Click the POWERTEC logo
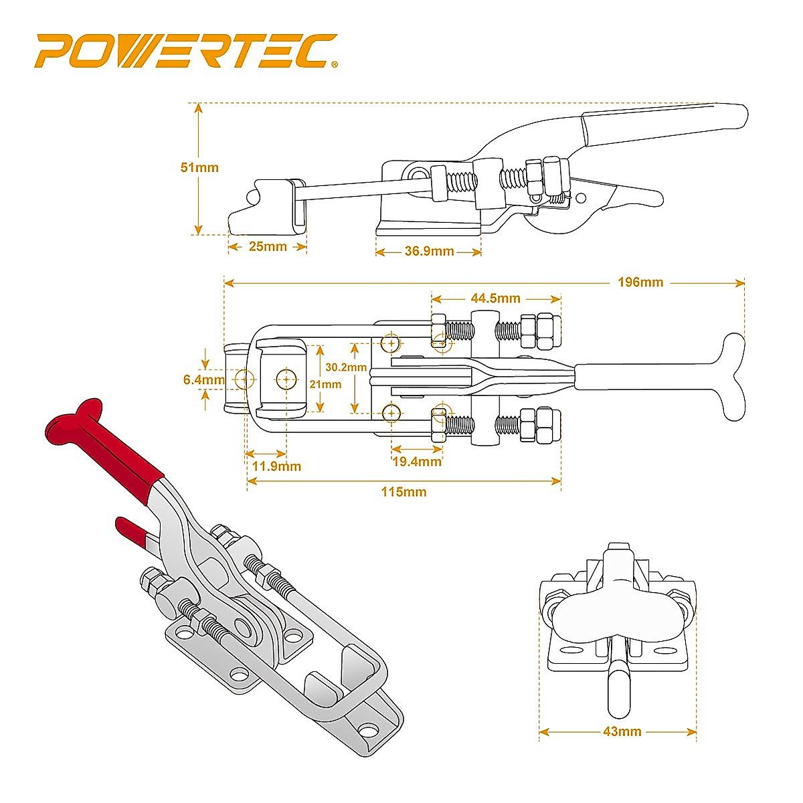[184, 52]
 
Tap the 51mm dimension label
[199, 167]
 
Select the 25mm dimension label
[268, 246]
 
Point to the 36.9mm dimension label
[429, 252]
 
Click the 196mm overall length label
[640, 282]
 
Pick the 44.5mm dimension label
[496, 298]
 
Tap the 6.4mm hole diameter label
[204, 379]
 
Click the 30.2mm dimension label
[346, 367]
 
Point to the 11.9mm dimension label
[276, 466]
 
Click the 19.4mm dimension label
[417, 461]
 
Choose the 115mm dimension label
[404, 492]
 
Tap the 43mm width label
[622, 731]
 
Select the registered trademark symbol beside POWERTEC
[334, 65]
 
